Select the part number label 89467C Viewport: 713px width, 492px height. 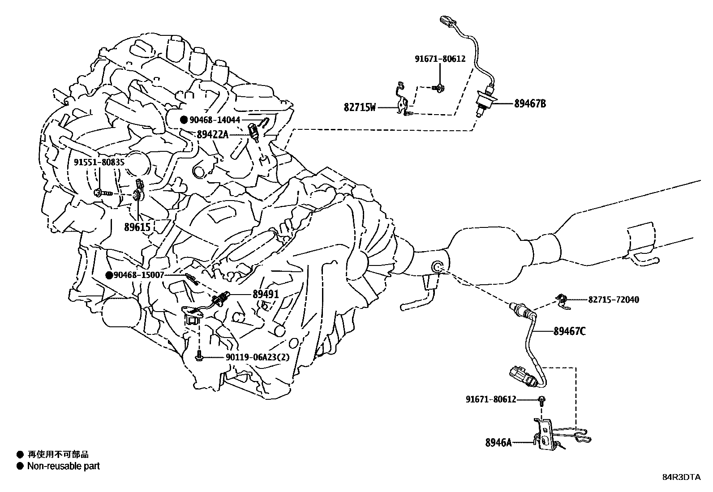click(x=569, y=331)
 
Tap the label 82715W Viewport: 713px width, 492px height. click(x=360, y=107)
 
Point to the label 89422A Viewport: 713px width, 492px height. click(x=213, y=133)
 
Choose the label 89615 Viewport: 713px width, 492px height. click(x=137, y=227)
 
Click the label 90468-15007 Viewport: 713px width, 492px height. click(x=139, y=275)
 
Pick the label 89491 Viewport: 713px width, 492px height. click(x=266, y=294)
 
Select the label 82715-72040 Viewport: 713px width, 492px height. click(x=614, y=299)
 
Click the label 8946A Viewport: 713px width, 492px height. click(x=498, y=443)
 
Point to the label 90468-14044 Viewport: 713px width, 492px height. click(x=215, y=120)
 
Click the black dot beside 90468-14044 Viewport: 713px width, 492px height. click(x=184, y=120)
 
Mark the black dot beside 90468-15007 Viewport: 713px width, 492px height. click(x=109, y=275)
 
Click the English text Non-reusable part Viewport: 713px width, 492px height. click(x=63, y=466)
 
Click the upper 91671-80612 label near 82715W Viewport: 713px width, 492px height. click(x=439, y=59)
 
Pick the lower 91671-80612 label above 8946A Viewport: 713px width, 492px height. click(x=490, y=399)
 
